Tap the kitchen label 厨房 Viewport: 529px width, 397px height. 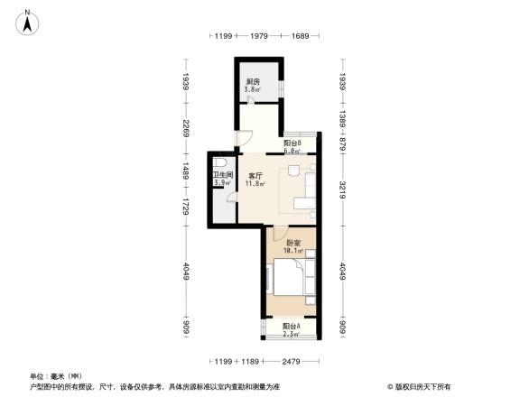(254, 82)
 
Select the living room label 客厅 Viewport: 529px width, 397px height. (255, 176)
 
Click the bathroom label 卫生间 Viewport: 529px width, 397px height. (223, 175)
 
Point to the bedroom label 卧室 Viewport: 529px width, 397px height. (293, 243)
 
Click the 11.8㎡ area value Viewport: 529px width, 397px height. (255, 184)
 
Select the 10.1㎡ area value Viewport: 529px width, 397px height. (293, 251)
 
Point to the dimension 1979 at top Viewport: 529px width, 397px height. (258, 35)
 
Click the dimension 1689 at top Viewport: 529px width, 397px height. (300, 35)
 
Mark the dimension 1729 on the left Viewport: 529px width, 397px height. (185, 208)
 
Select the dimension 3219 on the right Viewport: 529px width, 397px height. (343, 191)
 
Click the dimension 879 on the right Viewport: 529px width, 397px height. (343, 143)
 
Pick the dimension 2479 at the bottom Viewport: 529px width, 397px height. (289, 363)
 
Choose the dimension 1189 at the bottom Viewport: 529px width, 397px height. (250, 363)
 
